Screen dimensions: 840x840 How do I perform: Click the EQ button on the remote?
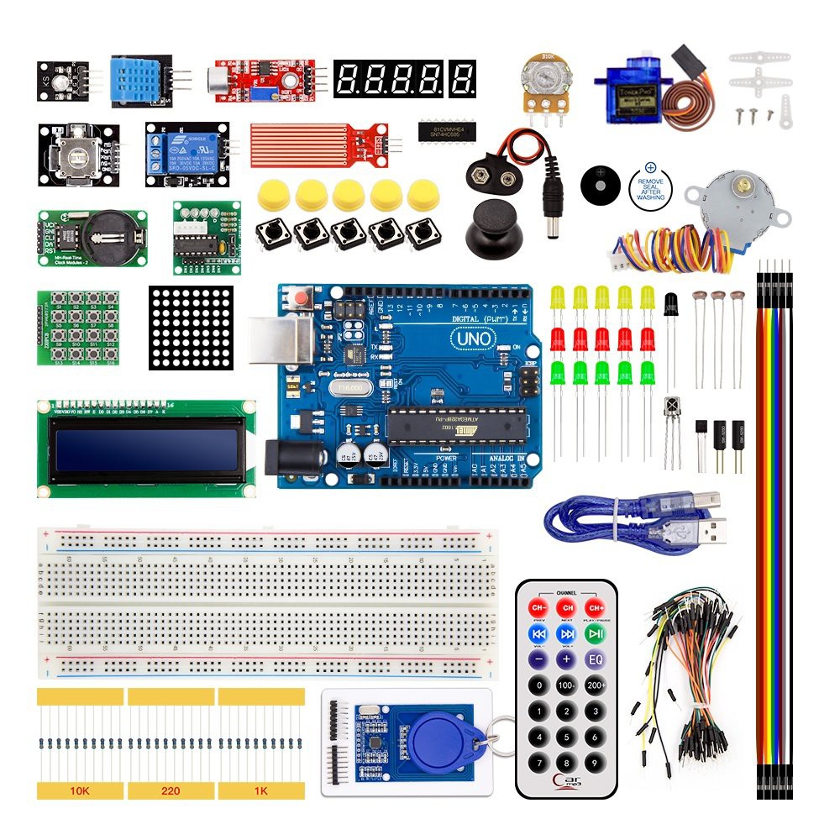click(595, 659)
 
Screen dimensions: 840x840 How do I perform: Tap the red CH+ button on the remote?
click(595, 607)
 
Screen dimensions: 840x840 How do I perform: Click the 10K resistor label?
click(80, 790)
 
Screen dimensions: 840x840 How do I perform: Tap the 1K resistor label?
click(260, 790)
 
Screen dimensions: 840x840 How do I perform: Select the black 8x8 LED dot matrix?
click(192, 328)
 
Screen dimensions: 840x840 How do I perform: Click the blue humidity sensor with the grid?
click(139, 80)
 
